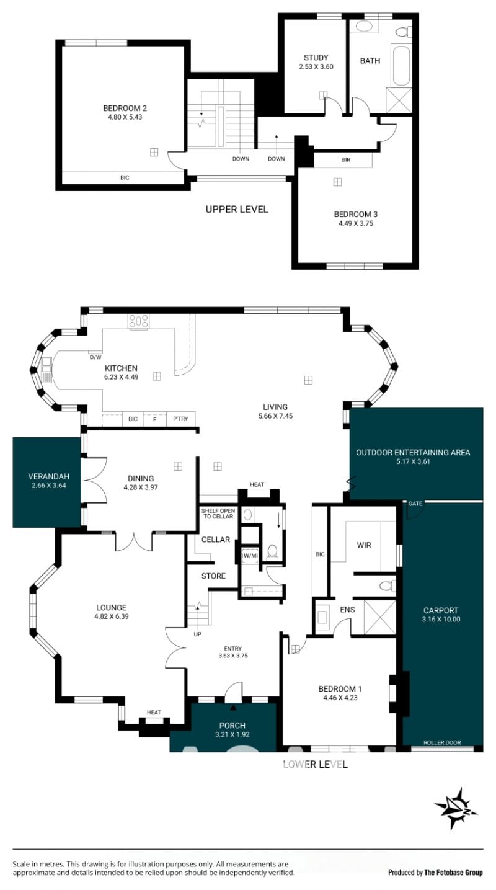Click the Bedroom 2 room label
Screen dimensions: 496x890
(125, 108)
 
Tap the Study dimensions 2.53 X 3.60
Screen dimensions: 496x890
(316, 67)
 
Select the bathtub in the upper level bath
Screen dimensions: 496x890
(401, 66)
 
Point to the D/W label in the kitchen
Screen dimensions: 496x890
(95, 357)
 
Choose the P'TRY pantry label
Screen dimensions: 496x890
(180, 419)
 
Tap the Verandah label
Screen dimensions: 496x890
(49, 476)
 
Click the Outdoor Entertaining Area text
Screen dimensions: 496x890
(413, 453)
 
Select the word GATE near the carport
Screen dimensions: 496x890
(415, 504)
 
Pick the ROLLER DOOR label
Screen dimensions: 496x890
(442, 742)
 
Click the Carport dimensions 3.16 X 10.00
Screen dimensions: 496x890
(441, 620)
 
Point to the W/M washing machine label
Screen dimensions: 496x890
(250, 556)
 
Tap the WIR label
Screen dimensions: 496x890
(364, 545)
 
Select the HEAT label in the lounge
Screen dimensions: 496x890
(154, 713)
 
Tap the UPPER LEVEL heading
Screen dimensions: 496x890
(237, 210)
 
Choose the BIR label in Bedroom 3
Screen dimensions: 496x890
(346, 160)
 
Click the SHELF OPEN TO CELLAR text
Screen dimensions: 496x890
(218, 514)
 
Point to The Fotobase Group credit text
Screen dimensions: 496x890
(453, 873)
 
